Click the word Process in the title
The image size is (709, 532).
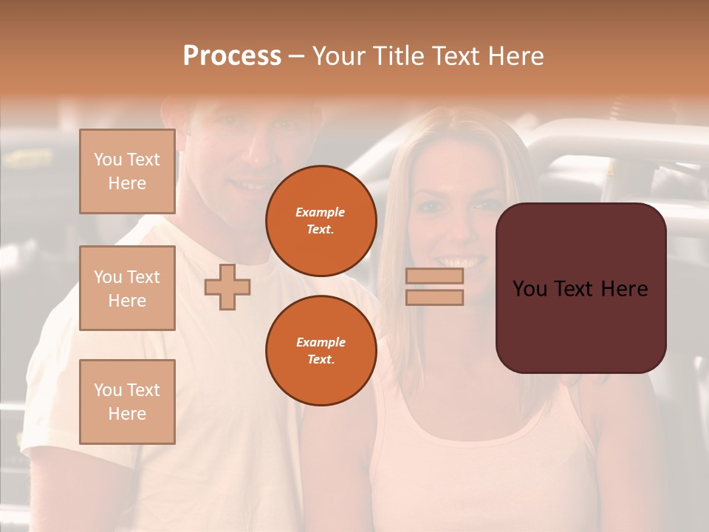[232, 56]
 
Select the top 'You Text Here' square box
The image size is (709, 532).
[127, 171]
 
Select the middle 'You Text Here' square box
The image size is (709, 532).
[127, 288]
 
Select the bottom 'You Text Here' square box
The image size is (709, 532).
[127, 401]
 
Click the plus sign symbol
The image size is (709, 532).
[227, 287]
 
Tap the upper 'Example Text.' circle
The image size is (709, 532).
[321, 220]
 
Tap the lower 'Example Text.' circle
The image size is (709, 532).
[321, 350]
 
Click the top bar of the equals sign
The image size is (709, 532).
[434, 276]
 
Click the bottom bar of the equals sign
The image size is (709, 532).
[434, 297]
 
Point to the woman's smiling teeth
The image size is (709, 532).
[459, 262]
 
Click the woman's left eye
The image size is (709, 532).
[478, 206]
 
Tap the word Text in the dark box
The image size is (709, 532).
[581, 289]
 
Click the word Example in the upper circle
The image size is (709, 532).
[321, 212]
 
